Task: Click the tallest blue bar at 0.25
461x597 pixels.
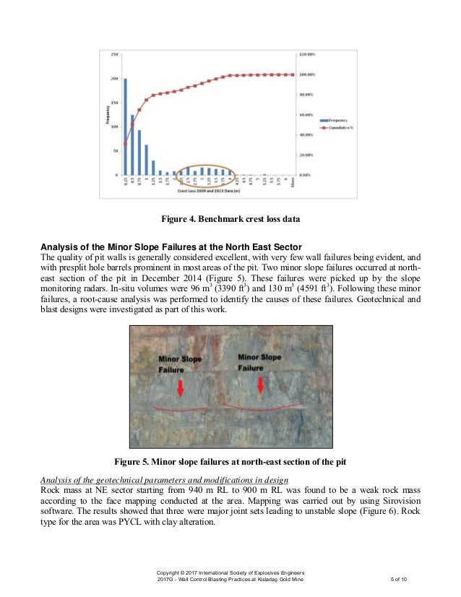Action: [126, 126]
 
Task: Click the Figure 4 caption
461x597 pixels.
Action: [230, 219]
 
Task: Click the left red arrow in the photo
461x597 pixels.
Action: [180, 387]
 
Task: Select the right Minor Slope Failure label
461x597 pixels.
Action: [259, 361]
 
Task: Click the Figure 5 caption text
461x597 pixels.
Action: [230, 462]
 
